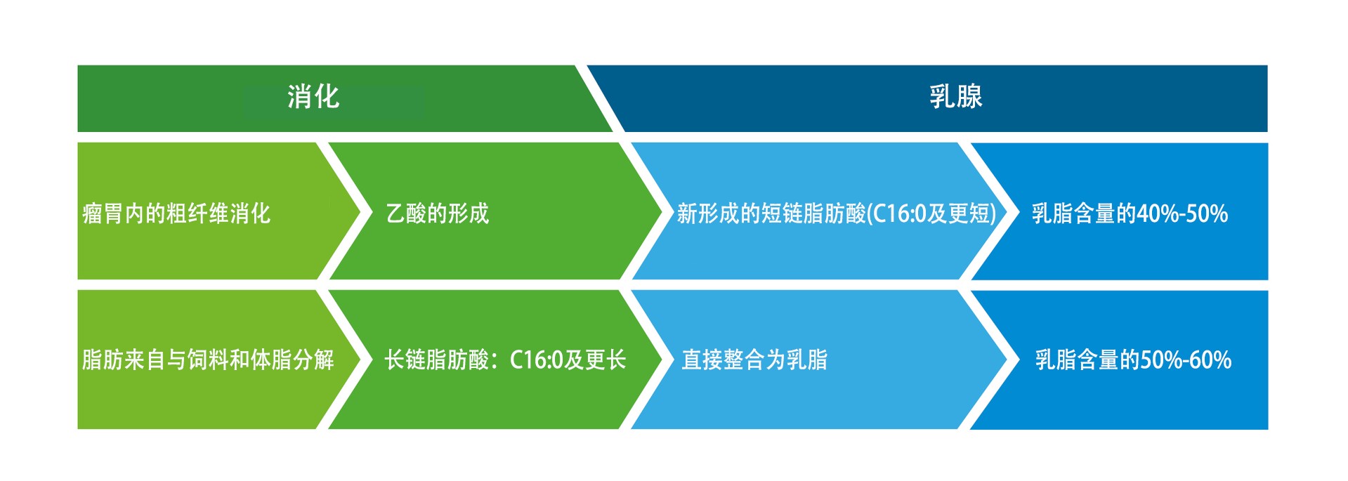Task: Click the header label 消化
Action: (313, 96)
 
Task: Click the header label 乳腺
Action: (956, 96)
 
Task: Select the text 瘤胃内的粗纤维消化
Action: (176, 213)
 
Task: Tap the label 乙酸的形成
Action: (438, 213)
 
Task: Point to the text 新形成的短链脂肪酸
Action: (771, 213)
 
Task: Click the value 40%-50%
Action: (1182, 213)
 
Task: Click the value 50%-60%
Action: (1186, 360)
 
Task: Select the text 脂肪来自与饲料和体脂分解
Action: (208, 360)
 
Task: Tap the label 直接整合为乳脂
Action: (754, 360)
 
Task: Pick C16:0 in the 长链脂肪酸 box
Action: (537, 360)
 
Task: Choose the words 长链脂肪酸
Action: (436, 360)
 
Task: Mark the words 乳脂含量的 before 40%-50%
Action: (1084, 213)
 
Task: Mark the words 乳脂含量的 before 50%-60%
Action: (1087, 360)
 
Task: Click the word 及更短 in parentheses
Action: (958, 213)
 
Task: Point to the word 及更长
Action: (596, 360)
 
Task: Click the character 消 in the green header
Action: (300, 96)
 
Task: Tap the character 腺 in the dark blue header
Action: (969, 96)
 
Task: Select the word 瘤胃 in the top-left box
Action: (103, 213)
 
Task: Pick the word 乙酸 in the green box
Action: (406, 213)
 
